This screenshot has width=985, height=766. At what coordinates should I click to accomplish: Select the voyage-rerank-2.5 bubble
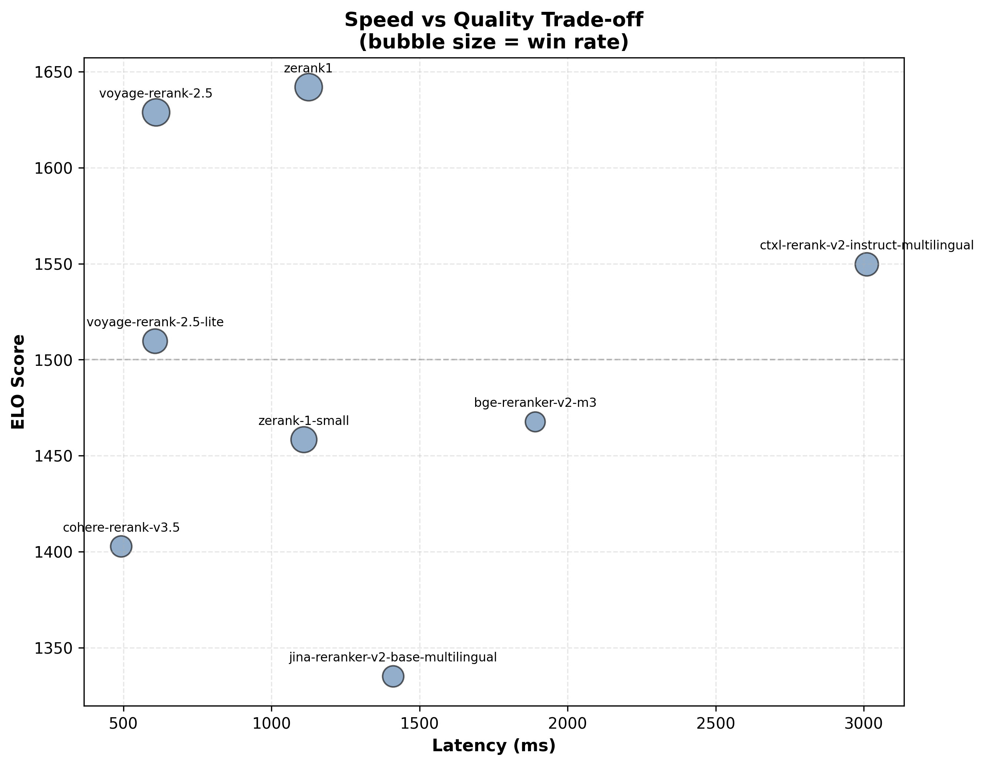click(x=156, y=113)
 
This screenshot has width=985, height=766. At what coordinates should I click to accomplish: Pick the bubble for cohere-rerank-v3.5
click(x=121, y=547)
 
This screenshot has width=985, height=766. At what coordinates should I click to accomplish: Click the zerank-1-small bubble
click(x=304, y=440)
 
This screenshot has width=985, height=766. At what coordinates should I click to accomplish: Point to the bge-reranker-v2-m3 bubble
click(x=535, y=422)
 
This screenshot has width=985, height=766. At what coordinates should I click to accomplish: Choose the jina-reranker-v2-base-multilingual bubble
click(x=393, y=676)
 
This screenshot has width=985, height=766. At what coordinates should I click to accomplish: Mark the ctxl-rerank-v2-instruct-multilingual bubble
click(x=866, y=264)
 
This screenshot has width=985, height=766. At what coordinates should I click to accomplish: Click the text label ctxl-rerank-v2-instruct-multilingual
click(x=866, y=246)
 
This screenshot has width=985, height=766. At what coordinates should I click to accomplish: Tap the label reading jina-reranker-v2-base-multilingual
click(x=393, y=657)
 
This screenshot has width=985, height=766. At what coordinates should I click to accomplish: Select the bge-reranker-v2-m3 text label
click(x=535, y=403)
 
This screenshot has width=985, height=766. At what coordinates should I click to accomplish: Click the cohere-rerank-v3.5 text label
click(x=121, y=528)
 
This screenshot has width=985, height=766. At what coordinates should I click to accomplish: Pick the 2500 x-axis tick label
click(x=716, y=723)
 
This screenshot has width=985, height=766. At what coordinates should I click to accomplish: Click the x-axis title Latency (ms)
click(x=493, y=746)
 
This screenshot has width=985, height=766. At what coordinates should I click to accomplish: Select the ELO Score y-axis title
click(x=18, y=382)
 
